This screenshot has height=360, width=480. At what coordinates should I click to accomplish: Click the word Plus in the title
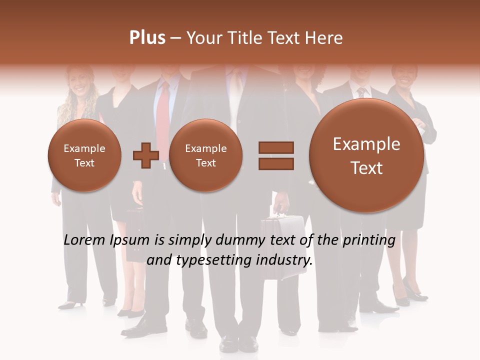pos(147,38)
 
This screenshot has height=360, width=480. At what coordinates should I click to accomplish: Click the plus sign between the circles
pos(145,155)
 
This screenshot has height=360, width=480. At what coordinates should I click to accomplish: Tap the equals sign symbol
pos(275,155)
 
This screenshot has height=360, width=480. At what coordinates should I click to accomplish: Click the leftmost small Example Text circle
pos(84,155)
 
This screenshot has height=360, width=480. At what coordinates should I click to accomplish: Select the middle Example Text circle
pos(205,155)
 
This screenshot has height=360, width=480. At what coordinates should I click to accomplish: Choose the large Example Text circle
pos(366,155)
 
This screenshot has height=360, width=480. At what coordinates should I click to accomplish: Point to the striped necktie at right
pos(361,92)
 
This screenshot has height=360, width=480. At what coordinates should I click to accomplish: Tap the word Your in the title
pos(202,38)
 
